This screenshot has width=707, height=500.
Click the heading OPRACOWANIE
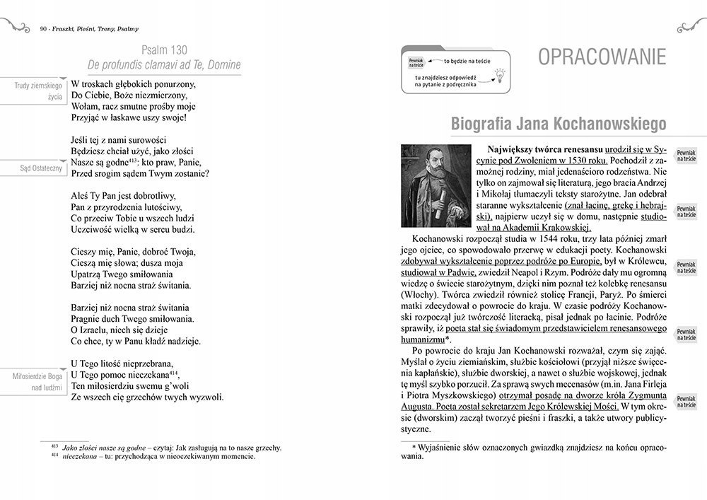point(602,57)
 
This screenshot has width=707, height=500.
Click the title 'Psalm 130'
point(164,50)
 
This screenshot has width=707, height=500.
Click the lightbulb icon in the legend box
point(501,74)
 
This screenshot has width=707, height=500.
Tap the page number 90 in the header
point(45,29)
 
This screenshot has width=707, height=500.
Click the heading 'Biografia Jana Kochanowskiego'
point(559,124)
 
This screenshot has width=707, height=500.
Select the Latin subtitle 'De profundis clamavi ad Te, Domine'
point(164,65)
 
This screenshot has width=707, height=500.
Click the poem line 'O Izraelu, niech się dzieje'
point(127,330)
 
